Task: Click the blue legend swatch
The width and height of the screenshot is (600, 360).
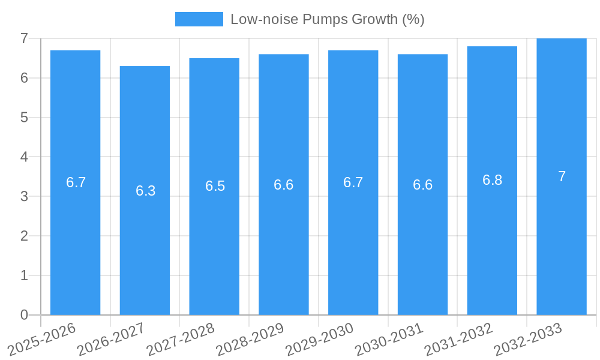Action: [x=199, y=19]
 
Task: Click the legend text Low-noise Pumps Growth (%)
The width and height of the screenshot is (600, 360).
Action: [x=327, y=19]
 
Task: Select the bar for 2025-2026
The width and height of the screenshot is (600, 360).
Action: [x=75, y=240]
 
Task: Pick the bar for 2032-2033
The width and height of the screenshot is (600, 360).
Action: [x=562, y=240]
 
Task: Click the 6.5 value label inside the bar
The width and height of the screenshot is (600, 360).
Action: [x=215, y=186]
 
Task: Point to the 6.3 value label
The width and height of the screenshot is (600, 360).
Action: [x=145, y=191]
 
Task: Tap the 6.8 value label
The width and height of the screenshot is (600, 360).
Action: [x=492, y=180]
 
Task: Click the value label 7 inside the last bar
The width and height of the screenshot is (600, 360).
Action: [x=562, y=176]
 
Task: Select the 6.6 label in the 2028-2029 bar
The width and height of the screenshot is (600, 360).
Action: [x=284, y=185]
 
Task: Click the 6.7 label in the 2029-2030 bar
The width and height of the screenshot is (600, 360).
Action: [x=353, y=182]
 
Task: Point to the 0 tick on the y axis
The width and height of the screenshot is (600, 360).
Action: [x=24, y=315]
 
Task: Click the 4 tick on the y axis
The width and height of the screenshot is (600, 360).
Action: [x=24, y=157]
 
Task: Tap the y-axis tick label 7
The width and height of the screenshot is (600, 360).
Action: [x=24, y=38]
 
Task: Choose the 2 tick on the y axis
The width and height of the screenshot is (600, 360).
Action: [x=24, y=236]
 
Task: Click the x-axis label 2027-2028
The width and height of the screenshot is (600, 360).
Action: [x=181, y=340]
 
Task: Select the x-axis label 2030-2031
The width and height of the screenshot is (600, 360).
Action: [x=389, y=340]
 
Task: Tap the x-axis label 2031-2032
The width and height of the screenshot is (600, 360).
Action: [x=458, y=340]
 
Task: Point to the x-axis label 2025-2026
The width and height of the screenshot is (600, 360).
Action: [x=42, y=340]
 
